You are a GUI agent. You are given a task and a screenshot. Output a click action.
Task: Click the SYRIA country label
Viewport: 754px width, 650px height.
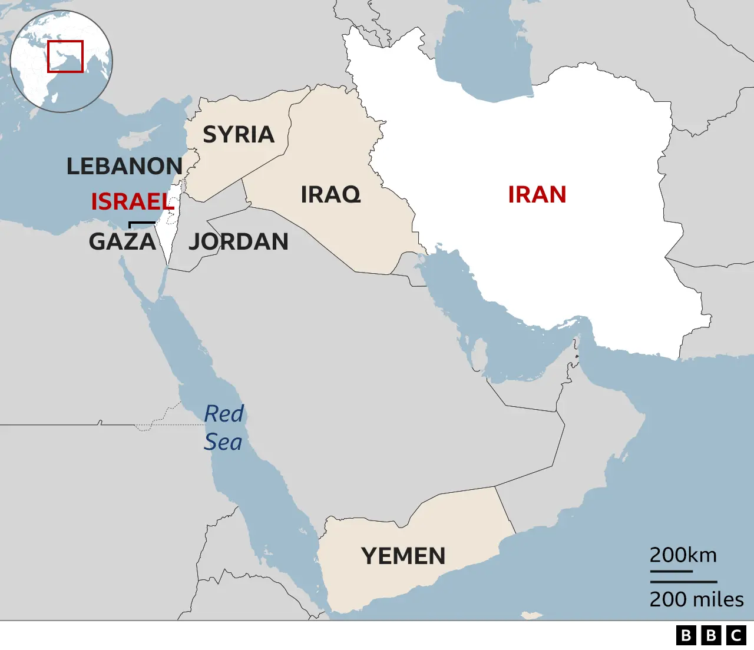pyautogui.click(x=239, y=135)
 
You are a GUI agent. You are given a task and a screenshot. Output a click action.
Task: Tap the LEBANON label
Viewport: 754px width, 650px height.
pyautogui.click(x=124, y=167)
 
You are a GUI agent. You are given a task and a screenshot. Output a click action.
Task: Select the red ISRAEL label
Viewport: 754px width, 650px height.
pyautogui.click(x=133, y=202)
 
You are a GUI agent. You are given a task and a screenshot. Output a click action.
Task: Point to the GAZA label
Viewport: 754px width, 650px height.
pyautogui.click(x=123, y=241)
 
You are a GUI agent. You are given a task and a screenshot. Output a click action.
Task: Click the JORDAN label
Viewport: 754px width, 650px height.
pyautogui.click(x=239, y=241)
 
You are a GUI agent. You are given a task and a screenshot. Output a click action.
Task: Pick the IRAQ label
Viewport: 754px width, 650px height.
pyautogui.click(x=330, y=194)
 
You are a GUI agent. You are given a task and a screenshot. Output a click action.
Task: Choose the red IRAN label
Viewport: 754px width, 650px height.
pyautogui.click(x=537, y=194)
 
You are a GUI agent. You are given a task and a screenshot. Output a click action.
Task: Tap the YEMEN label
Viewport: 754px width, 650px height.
pyautogui.click(x=404, y=556)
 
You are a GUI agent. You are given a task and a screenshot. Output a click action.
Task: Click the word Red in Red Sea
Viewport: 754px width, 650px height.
pyautogui.click(x=224, y=414)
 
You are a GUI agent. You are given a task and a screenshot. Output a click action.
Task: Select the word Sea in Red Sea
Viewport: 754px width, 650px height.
pyautogui.click(x=223, y=442)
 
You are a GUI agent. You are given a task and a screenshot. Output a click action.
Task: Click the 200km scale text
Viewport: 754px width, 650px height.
pyautogui.click(x=683, y=555)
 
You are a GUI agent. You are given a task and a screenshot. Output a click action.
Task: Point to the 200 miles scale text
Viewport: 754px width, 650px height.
pyautogui.click(x=696, y=599)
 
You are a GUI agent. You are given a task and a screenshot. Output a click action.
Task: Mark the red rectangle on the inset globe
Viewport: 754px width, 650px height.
pyautogui.click(x=65, y=57)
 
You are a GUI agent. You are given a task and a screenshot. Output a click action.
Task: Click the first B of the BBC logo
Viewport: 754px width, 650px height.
pyautogui.click(x=686, y=635)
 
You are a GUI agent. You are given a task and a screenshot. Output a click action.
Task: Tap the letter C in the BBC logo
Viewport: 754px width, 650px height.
pyautogui.click(x=736, y=635)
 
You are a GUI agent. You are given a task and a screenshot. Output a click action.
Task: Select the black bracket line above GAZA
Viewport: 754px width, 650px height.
pyautogui.click(x=142, y=223)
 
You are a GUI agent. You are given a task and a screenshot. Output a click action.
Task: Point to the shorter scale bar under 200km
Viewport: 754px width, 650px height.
pyautogui.click(x=671, y=571)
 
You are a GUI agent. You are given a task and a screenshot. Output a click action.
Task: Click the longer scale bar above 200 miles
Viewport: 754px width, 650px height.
pyautogui.click(x=683, y=582)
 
